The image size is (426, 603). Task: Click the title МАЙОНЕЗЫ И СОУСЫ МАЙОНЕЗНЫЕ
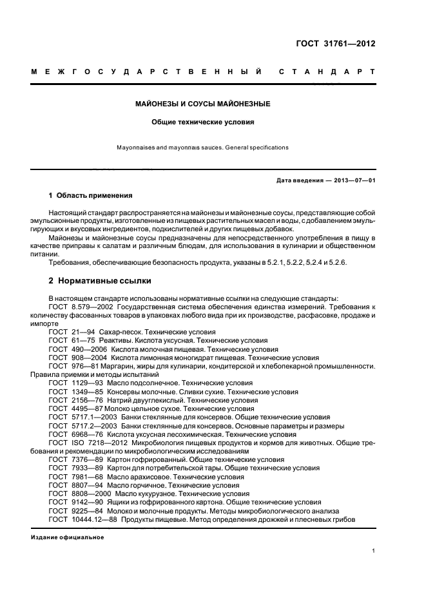pos(203,104)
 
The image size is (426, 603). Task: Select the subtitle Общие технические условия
pos(203,121)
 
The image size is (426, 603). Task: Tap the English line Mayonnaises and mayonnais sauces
pos(202,148)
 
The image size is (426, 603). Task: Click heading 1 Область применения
pos(91,195)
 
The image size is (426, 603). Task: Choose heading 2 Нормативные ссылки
pos(97,281)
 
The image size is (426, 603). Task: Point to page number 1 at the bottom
pos(373,551)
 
